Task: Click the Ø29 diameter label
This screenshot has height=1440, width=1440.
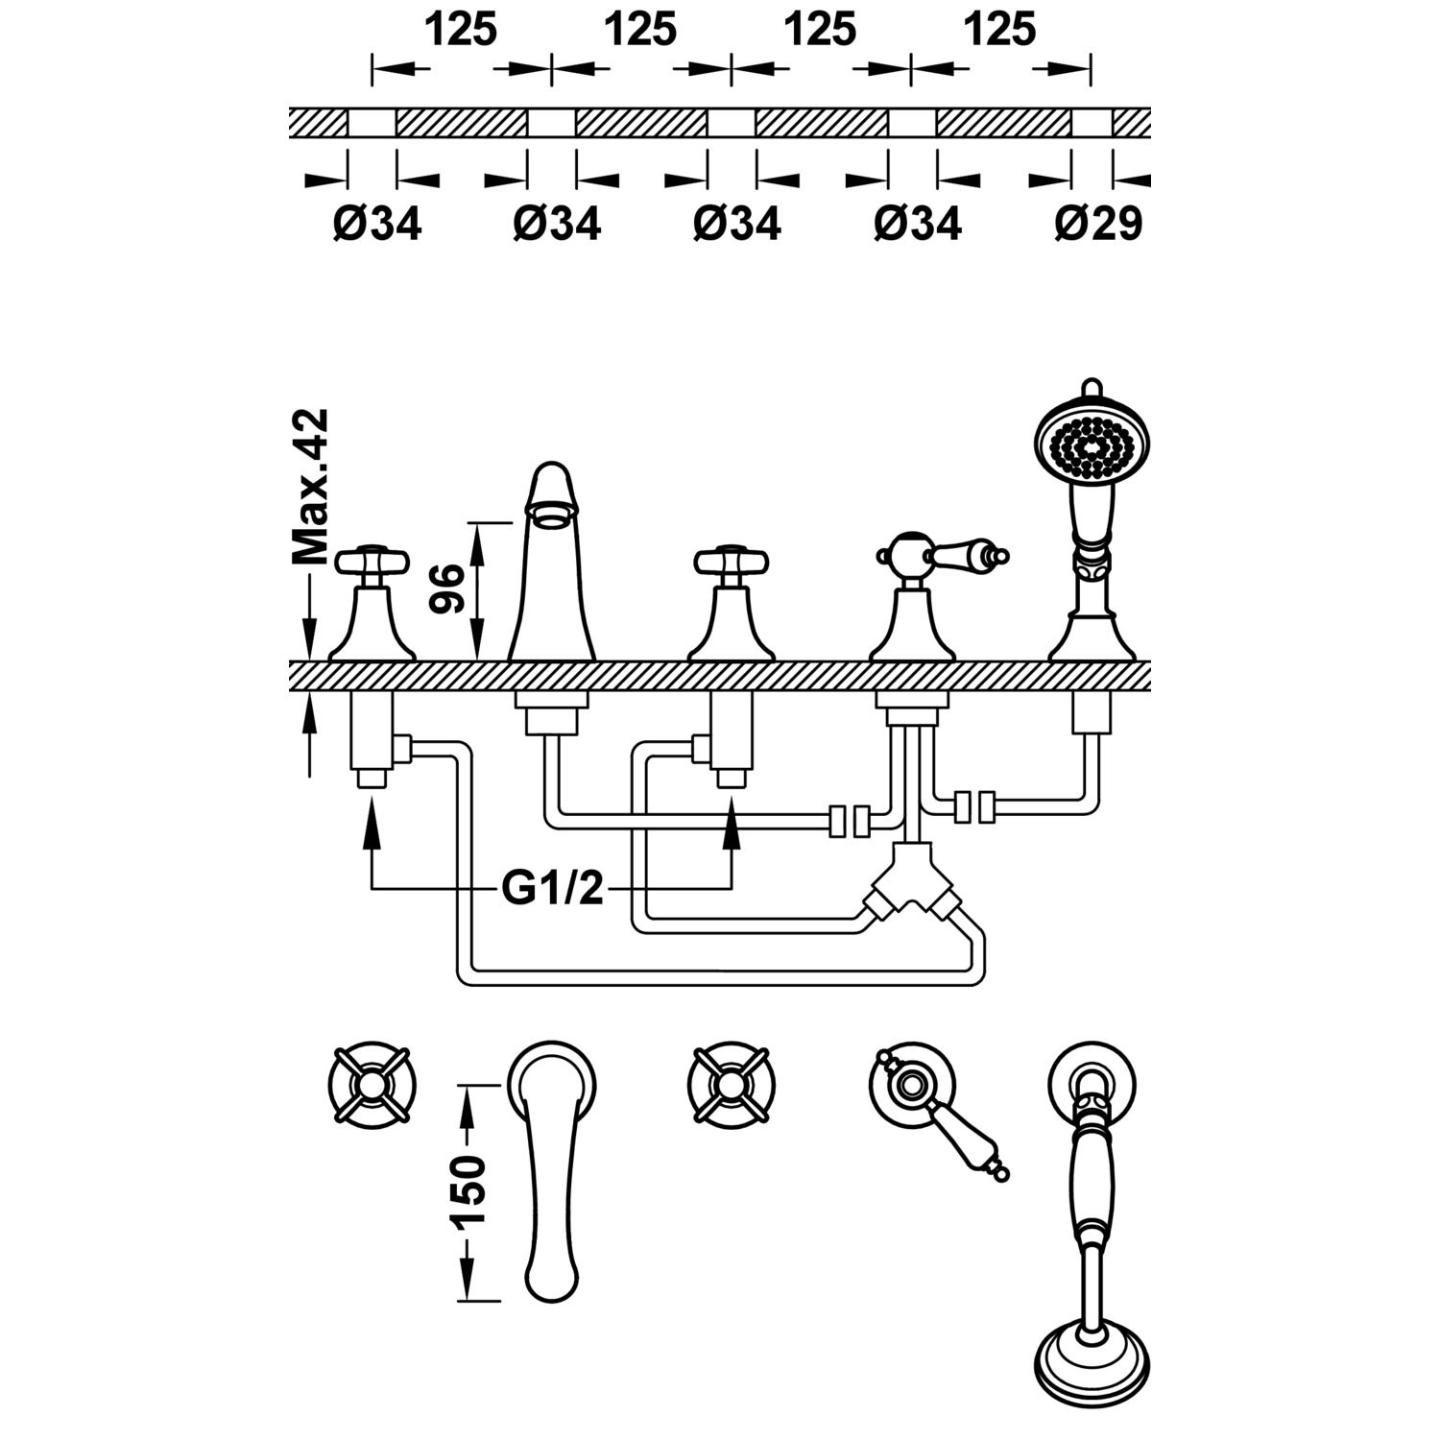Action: (x=1098, y=224)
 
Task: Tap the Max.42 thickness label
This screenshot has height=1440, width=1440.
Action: (x=309, y=486)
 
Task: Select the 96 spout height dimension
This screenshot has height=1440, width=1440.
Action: (x=447, y=588)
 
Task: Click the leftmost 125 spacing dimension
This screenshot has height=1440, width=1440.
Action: (x=461, y=31)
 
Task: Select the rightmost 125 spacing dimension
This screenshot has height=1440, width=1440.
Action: (x=1000, y=31)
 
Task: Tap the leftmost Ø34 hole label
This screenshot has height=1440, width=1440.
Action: (x=377, y=224)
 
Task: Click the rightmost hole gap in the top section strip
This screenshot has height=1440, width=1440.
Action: (x=1092, y=123)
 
